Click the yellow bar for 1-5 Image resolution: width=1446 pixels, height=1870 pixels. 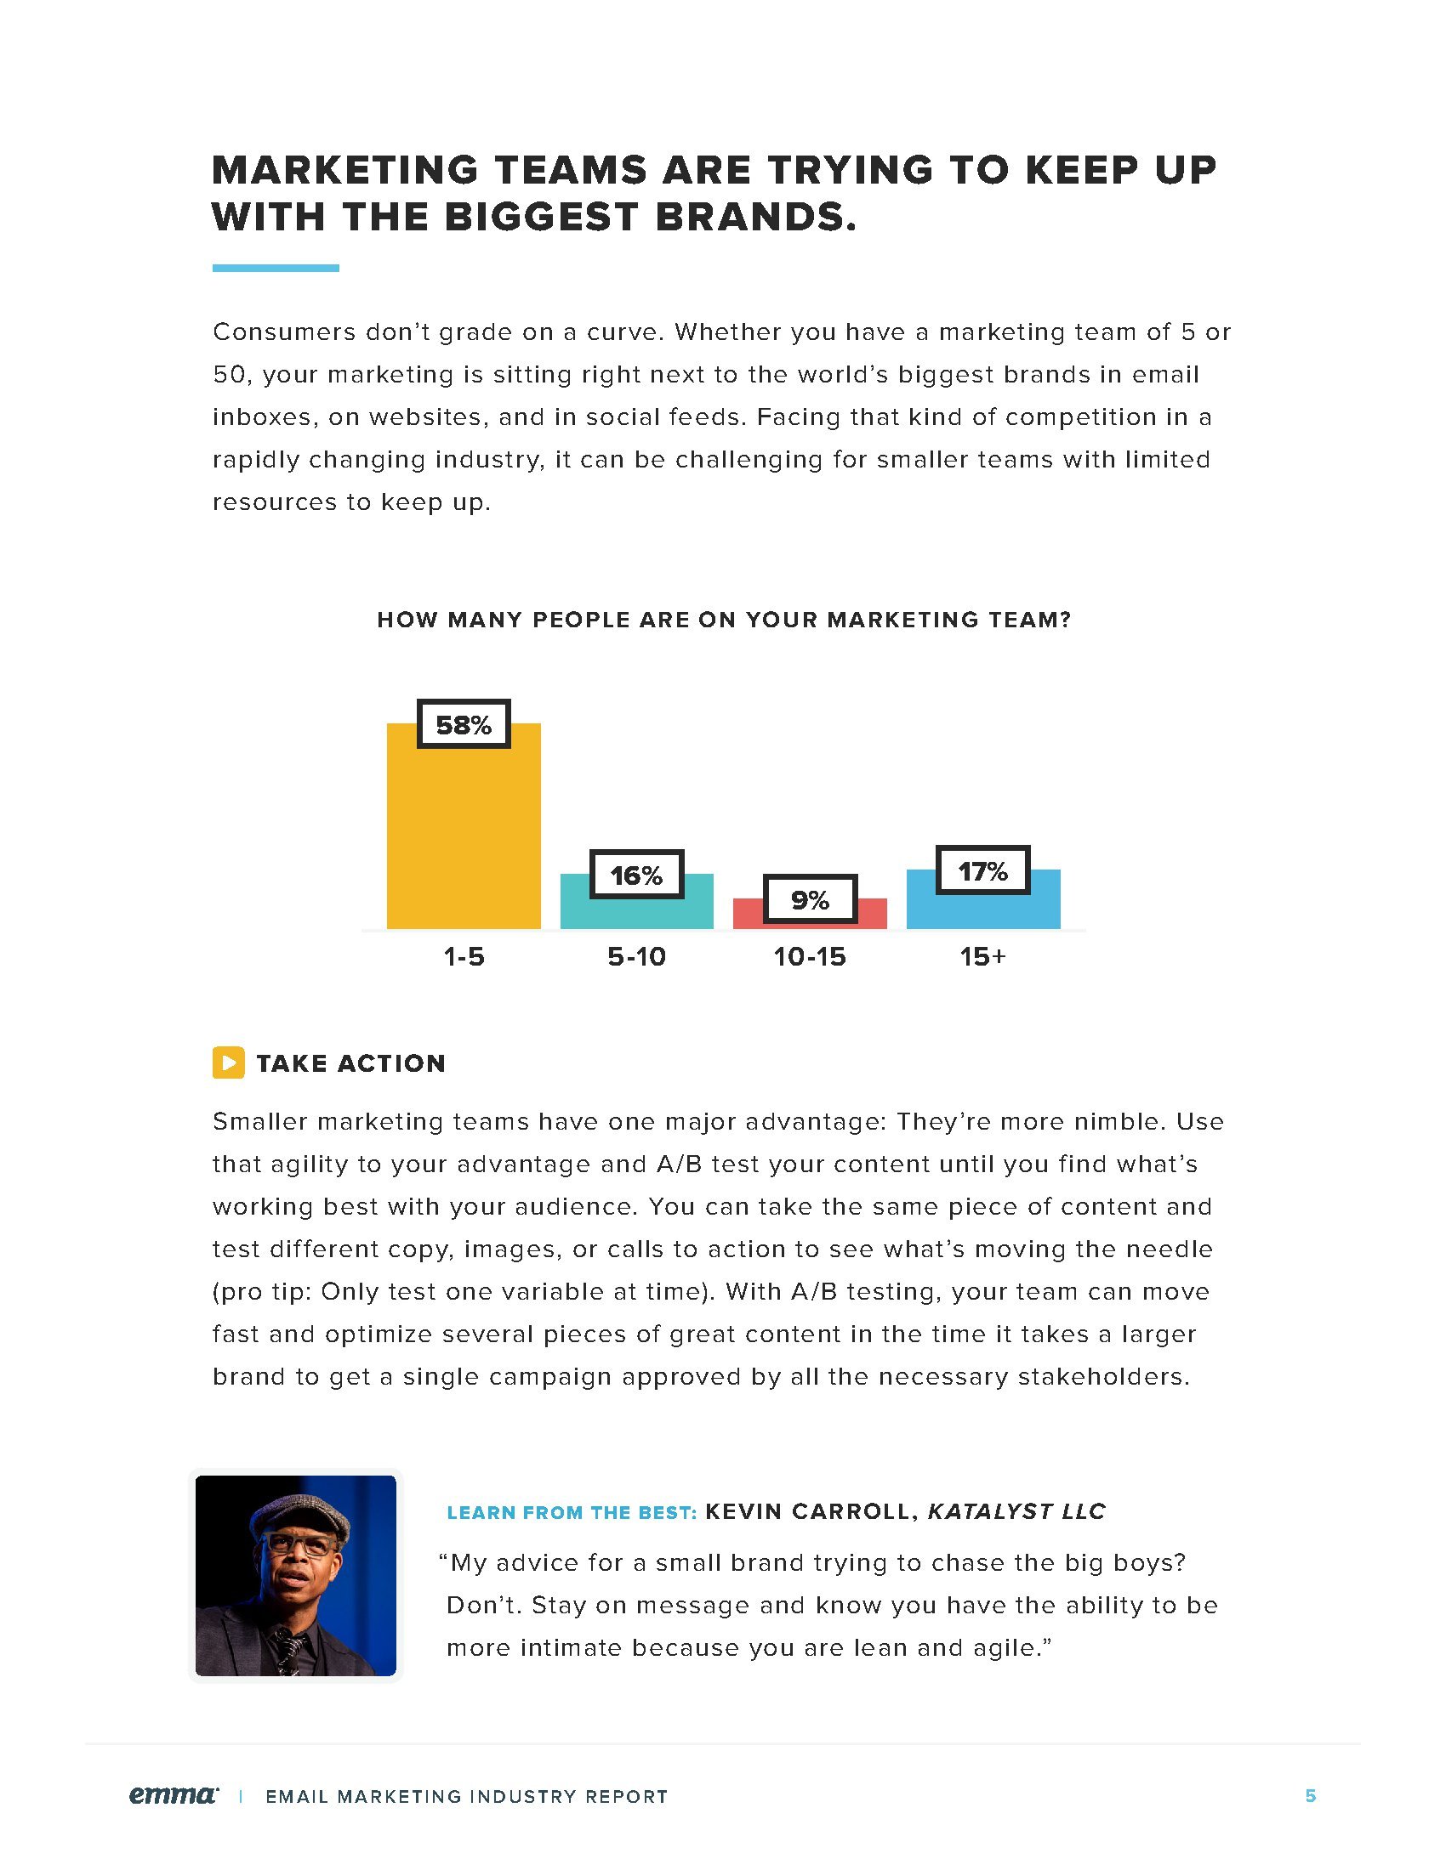(x=464, y=839)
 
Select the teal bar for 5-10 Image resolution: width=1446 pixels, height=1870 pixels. (x=636, y=913)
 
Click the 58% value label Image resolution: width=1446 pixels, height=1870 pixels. (x=464, y=724)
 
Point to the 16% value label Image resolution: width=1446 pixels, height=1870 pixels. (x=636, y=874)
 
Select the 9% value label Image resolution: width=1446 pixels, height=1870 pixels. (x=810, y=899)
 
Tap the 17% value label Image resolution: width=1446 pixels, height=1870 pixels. (x=982, y=870)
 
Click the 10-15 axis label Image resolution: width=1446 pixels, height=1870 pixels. (x=810, y=956)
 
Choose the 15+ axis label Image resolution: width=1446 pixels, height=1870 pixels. (x=982, y=956)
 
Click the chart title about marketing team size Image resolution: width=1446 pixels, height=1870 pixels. (x=724, y=620)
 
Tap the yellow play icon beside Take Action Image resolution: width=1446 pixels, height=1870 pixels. (x=228, y=1062)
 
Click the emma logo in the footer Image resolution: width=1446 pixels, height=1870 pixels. (x=173, y=1794)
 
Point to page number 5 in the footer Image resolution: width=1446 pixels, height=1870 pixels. (x=1310, y=1795)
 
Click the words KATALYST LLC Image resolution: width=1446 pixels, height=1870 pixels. (x=1016, y=1511)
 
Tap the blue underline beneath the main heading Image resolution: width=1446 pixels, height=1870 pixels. (x=275, y=268)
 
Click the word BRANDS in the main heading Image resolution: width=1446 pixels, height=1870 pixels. (x=755, y=217)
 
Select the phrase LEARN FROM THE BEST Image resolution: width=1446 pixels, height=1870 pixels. (x=572, y=1513)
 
